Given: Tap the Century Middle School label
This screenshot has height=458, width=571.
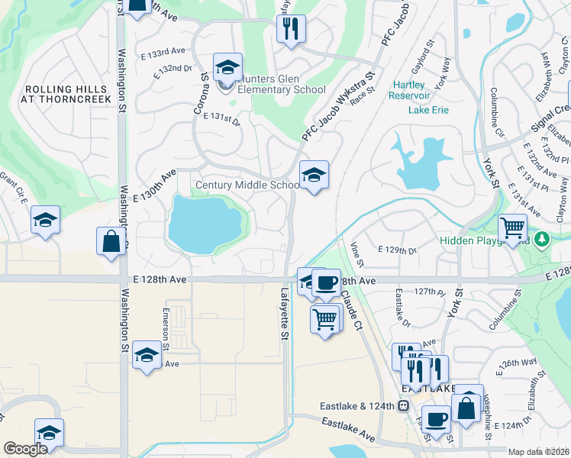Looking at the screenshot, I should coord(248,185).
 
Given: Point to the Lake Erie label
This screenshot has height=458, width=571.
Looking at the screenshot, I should coord(429,110).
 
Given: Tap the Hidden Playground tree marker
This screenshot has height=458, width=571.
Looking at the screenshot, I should coord(542,240).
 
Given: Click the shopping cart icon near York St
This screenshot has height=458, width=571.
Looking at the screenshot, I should coord(512,227).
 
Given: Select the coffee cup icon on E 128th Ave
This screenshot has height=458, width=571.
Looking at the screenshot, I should coord(327,282).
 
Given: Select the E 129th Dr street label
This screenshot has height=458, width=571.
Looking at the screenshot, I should coord(398,250).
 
